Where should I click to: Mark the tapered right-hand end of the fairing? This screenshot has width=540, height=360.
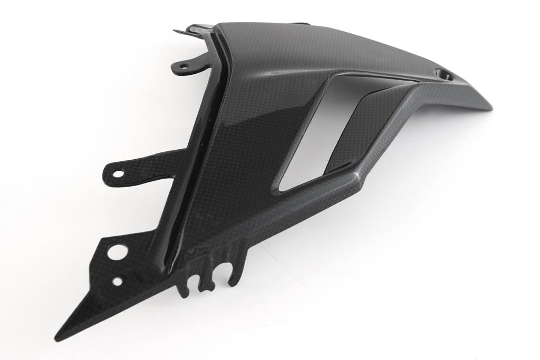[488, 105]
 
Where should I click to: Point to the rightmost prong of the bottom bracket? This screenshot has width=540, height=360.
[235, 269]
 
